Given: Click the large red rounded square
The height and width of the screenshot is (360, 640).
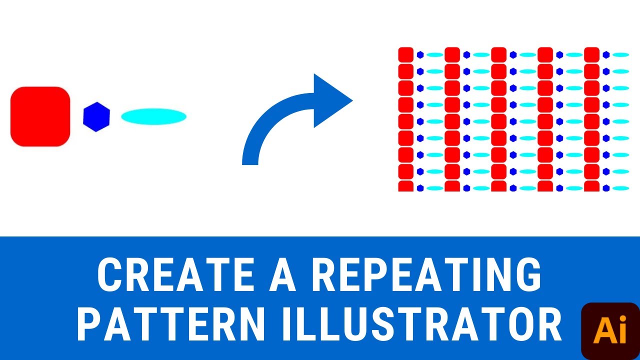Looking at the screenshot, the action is [40, 116].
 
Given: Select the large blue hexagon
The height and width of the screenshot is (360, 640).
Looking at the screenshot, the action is [96, 117].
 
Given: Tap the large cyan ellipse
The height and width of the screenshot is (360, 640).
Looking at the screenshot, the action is [153, 116].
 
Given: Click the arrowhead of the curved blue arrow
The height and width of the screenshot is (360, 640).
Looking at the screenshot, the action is [330, 100].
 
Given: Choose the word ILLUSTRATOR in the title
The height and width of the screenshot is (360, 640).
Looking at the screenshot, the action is [420, 325].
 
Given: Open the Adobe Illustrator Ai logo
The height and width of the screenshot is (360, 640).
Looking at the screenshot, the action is [610, 331].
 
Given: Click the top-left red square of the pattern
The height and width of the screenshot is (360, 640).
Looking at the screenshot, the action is [406, 54].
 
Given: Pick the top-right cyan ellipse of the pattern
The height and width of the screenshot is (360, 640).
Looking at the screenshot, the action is [620, 54].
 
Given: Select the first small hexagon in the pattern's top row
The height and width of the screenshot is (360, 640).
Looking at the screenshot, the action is [420, 54].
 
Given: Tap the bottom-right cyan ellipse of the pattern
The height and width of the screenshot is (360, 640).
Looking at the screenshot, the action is [620, 188].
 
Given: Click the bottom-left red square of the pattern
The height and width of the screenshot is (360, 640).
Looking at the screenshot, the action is [406, 186].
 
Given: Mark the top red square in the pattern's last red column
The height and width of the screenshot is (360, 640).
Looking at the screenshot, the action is [591, 54].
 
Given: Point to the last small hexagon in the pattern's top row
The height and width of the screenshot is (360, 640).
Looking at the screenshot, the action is [606, 54].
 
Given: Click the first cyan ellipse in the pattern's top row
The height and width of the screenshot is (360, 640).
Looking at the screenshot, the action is [435, 54].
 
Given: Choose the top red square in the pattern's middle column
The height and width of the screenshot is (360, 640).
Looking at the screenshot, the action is [498, 54].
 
